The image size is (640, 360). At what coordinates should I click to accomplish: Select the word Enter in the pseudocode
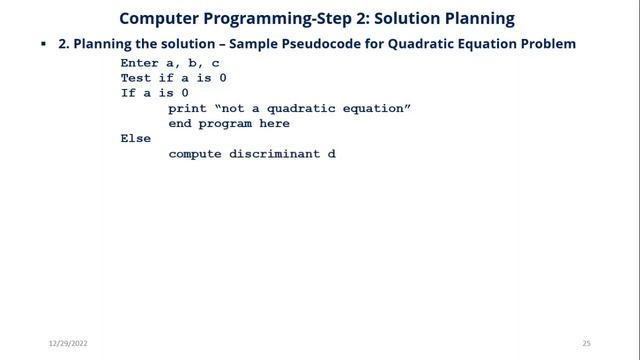[140, 62]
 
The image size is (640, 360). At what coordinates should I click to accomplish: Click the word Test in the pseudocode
[136, 77]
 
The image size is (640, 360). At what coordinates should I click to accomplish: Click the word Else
[136, 139]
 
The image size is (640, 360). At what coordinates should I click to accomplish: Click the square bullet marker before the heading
[44, 46]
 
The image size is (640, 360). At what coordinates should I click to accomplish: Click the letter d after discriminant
[332, 154]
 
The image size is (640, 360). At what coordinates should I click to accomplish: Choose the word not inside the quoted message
[234, 108]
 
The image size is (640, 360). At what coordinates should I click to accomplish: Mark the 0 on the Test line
[237, 77]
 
